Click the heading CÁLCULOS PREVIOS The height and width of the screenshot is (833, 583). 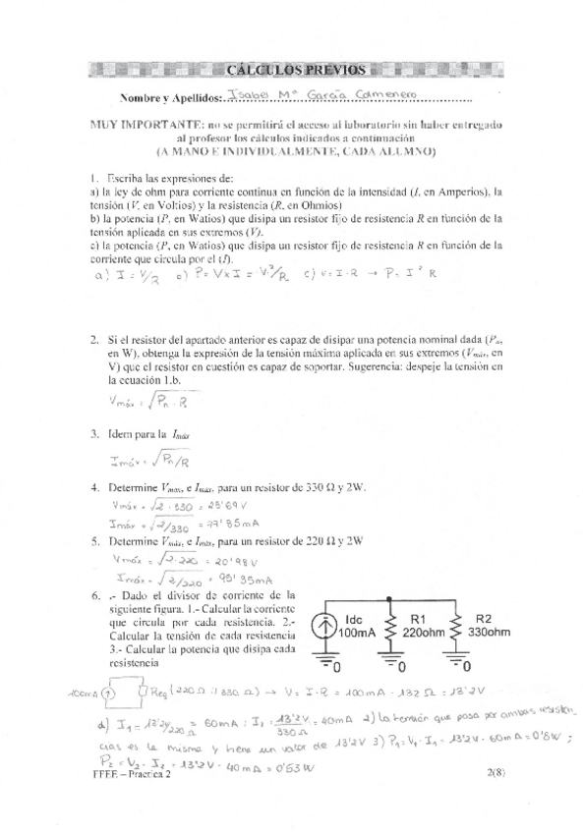tap(295, 70)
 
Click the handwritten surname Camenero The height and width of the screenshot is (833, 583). tap(362, 96)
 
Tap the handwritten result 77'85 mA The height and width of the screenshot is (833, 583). tap(223, 524)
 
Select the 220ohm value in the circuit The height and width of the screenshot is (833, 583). tap(423, 635)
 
